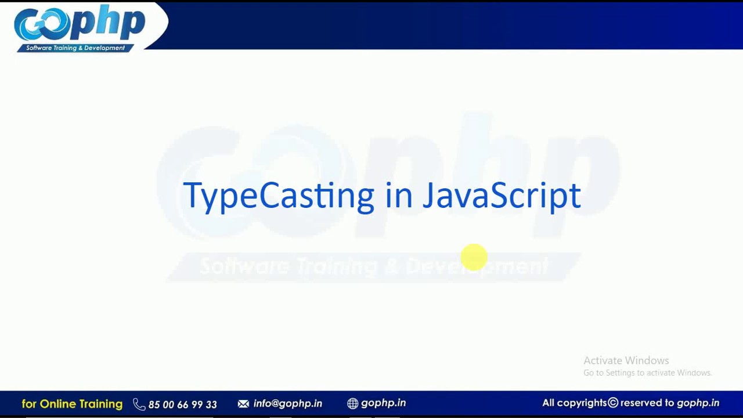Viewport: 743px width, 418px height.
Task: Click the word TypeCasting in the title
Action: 278,196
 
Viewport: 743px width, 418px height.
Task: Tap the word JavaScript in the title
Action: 502,196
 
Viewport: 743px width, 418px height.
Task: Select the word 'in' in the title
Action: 398,196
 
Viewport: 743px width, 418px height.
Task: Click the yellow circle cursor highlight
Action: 474,257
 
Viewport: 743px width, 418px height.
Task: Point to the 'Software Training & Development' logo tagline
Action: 75,48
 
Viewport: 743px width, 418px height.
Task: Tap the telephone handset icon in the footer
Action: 139,404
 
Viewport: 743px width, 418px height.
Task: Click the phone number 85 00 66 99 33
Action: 182,404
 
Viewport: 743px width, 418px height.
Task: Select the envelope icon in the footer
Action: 243,403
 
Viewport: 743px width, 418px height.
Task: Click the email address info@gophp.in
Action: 287,403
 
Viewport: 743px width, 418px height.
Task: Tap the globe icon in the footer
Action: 352,403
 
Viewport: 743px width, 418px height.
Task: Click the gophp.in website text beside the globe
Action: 383,403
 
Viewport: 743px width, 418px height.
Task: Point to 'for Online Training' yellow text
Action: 72,403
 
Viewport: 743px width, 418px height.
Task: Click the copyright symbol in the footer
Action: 613,403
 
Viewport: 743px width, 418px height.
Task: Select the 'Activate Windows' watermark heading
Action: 626,361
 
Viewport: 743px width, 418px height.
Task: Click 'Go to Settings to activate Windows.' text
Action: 647,373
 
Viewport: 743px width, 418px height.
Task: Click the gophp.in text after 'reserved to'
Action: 698,403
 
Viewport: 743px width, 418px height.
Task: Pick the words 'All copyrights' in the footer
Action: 574,403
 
